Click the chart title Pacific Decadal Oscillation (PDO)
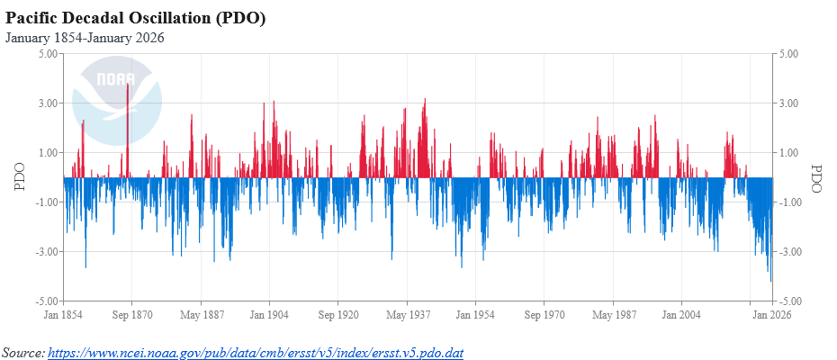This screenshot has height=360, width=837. [x=136, y=19]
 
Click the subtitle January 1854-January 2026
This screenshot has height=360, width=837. [x=85, y=38]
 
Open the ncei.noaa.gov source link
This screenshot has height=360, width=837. [x=255, y=352]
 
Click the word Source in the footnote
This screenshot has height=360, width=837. [x=22, y=352]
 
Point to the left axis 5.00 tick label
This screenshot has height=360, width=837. [x=48, y=54]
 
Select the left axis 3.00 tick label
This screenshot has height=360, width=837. [x=48, y=103]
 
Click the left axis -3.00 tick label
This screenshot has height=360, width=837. [x=46, y=251]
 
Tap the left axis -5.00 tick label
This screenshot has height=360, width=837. [x=46, y=301]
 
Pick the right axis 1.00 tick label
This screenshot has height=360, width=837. [x=789, y=153]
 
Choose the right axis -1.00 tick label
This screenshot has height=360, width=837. [x=787, y=202]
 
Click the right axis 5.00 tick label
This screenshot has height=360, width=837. [x=789, y=54]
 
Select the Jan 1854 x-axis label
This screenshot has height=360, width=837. [x=64, y=315]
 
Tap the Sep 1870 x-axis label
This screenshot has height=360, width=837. [x=132, y=315]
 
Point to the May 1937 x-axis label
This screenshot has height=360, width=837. [x=407, y=315]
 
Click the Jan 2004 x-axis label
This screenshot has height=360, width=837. [x=682, y=315]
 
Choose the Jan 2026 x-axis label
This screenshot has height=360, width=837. [x=771, y=315]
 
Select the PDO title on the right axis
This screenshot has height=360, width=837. [x=816, y=177]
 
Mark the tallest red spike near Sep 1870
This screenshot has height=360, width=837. [x=128, y=86]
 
